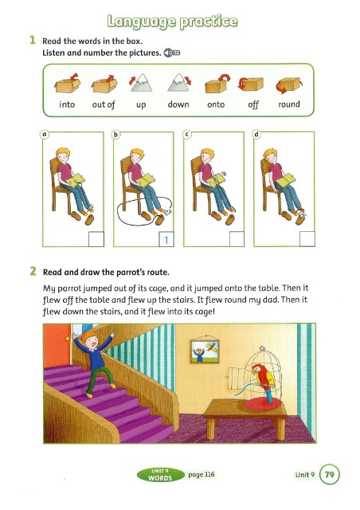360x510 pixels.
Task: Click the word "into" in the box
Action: (67, 104)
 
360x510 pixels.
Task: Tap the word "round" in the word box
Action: (289, 104)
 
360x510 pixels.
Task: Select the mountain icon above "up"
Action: (141, 83)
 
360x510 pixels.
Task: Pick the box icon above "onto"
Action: (217, 84)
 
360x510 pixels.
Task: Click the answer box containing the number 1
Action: (166, 239)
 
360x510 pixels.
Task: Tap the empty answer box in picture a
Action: (96, 239)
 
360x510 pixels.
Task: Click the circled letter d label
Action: (256, 134)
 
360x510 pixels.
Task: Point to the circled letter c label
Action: (186, 134)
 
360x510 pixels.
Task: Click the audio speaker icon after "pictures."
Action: (172, 53)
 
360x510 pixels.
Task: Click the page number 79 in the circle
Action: (330, 475)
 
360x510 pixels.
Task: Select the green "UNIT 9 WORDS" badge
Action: (160, 475)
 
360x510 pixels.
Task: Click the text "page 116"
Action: (202, 475)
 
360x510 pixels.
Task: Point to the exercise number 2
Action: (33, 271)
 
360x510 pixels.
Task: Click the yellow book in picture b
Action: (145, 180)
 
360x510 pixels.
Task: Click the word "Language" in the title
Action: (141, 22)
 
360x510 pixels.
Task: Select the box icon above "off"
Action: (251, 84)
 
